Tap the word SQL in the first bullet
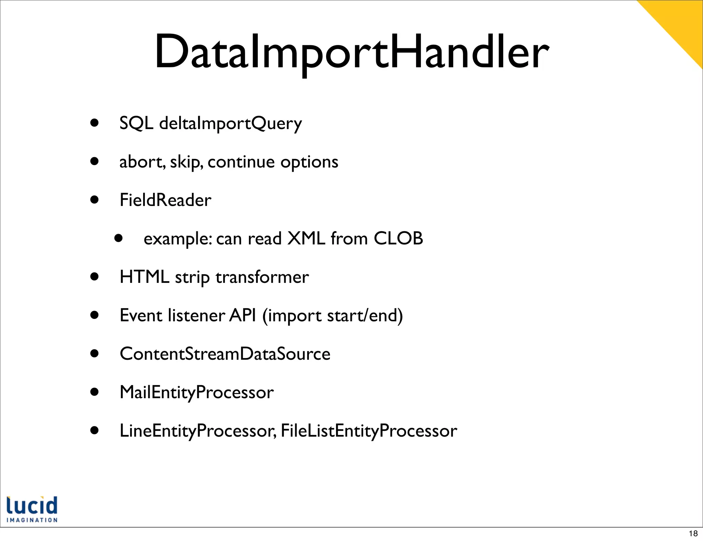click(x=136, y=123)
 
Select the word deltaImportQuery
click(x=230, y=124)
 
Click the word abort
click(x=142, y=162)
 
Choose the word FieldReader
click(x=165, y=200)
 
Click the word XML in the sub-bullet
click(x=306, y=238)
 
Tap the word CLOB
click(x=398, y=238)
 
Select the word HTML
click(x=144, y=277)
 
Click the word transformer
click(x=262, y=277)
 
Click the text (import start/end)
click(x=332, y=316)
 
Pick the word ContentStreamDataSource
click(x=225, y=354)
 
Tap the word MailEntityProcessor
click(x=196, y=392)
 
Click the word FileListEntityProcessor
click(x=369, y=431)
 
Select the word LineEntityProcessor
click(x=197, y=431)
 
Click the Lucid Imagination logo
click(x=32, y=509)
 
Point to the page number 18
click(x=693, y=533)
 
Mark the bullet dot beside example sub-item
click(x=118, y=238)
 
